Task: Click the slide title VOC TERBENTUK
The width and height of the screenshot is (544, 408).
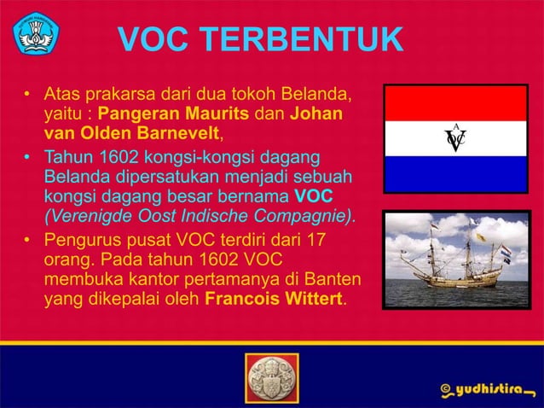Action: click(x=259, y=39)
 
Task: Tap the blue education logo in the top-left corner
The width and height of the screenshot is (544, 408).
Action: click(x=35, y=34)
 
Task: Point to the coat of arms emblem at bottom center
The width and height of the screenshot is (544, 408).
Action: click(x=271, y=376)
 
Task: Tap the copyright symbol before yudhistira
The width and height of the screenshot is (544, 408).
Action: click(x=445, y=390)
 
